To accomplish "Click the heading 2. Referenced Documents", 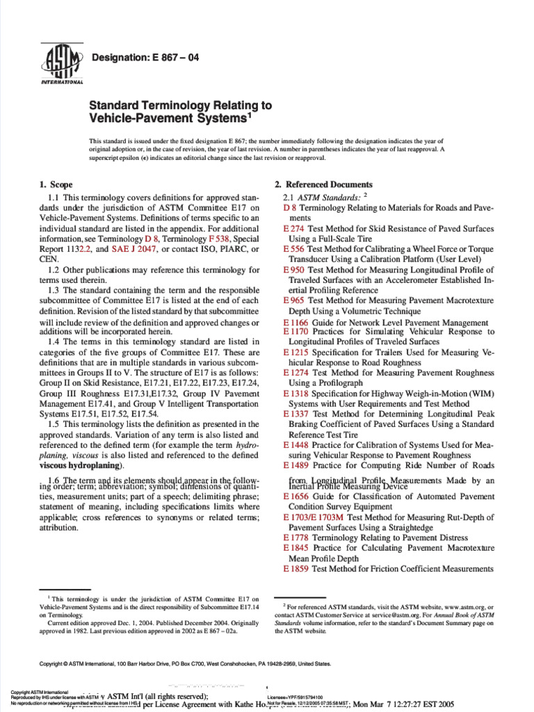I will (x=323, y=184).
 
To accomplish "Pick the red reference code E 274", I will (x=295, y=227).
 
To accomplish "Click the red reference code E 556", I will (x=295, y=248).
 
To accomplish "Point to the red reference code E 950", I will (x=295, y=269).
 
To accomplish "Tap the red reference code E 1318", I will (x=297, y=394).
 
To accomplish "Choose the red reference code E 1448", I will (x=297, y=444).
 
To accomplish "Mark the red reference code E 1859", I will (x=297, y=568).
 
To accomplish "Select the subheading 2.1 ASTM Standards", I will (x=321, y=197).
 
